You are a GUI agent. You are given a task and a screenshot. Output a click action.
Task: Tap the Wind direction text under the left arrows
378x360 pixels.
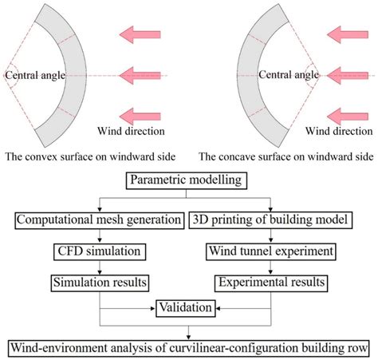[131, 130]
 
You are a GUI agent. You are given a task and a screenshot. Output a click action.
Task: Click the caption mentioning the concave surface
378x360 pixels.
[283, 156]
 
